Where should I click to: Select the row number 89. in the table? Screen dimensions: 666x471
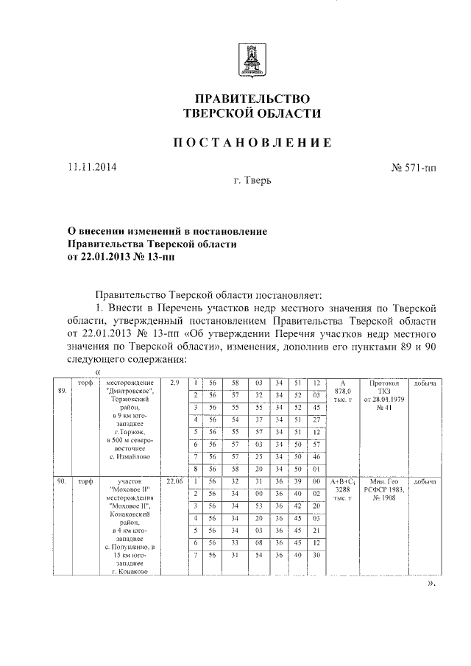tap(62, 391)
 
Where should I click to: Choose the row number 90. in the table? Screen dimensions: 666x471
tap(62, 481)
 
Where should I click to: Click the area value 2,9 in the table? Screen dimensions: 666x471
tap(174, 383)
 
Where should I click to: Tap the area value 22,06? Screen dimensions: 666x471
tap(174, 481)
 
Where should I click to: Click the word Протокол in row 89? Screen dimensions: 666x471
tap(382, 383)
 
